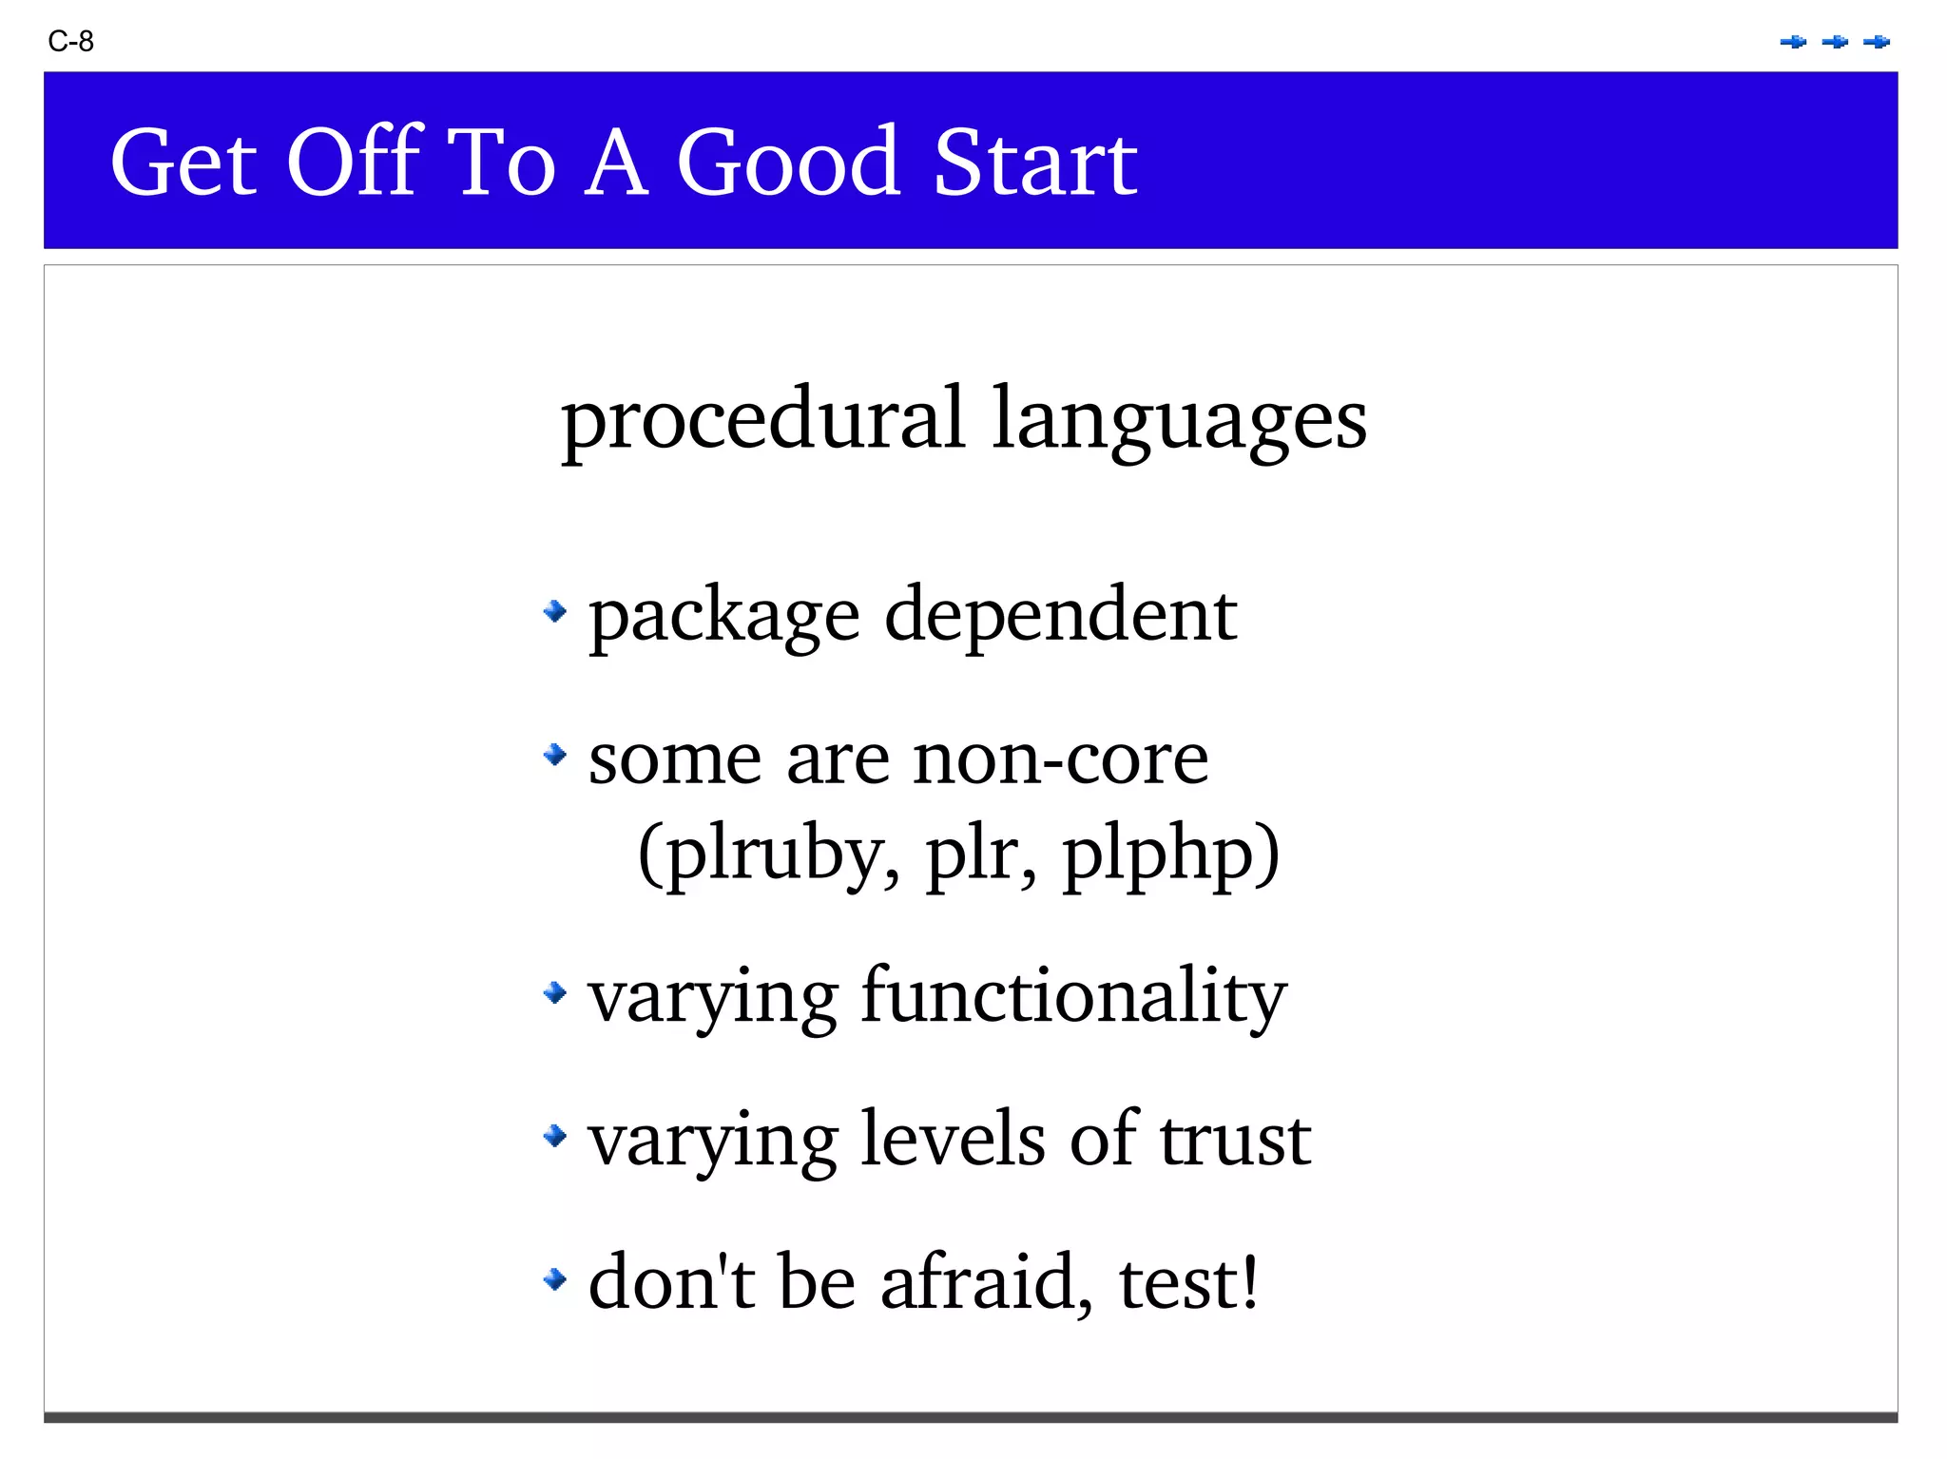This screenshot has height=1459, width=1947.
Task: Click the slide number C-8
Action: point(70,42)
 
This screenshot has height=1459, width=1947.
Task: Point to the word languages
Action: point(1179,421)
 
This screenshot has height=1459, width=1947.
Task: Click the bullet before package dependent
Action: point(555,611)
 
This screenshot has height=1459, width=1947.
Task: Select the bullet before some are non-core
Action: point(555,756)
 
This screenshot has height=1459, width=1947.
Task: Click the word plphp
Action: point(1169,854)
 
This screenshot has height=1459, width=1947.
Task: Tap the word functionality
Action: point(1073,997)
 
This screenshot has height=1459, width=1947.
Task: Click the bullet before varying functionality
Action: point(555,993)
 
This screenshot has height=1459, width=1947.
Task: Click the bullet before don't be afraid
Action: point(555,1279)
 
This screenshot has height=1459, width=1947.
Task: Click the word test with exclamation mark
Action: point(1188,1282)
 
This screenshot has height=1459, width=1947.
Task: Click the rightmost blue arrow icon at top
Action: point(1877,42)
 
